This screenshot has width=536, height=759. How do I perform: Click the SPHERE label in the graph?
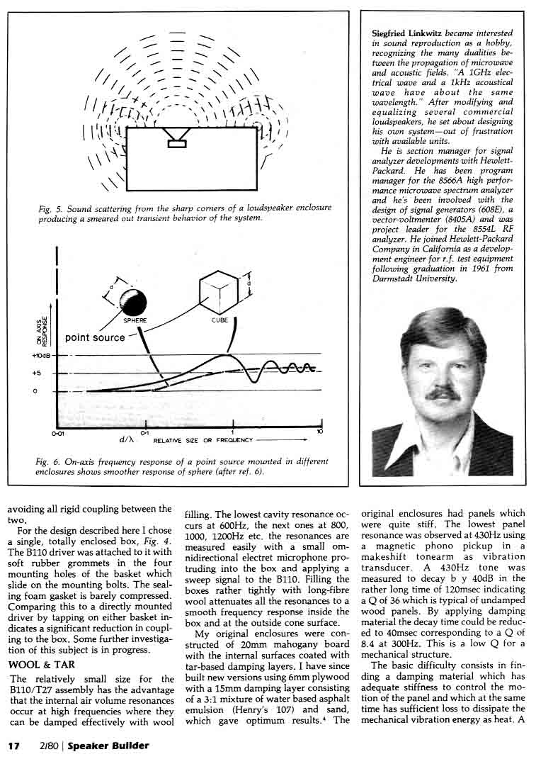[135, 320]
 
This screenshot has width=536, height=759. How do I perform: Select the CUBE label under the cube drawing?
[220, 320]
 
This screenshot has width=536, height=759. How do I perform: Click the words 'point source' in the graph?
[95, 337]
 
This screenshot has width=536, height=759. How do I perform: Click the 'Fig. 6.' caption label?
[48, 461]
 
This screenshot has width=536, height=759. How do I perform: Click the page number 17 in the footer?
[13, 746]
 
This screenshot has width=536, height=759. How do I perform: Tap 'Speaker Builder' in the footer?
[108, 746]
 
